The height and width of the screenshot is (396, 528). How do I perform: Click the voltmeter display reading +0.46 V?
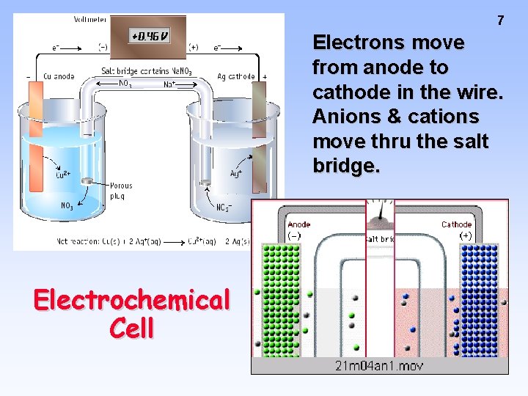150,36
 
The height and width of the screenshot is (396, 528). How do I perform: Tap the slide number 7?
500,21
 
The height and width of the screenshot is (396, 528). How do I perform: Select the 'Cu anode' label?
59,76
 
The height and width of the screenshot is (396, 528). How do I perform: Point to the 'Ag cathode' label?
236,76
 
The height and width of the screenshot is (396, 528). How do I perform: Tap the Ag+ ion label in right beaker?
236,174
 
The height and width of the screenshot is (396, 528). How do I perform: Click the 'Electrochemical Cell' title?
131,313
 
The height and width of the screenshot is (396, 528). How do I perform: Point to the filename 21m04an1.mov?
379,365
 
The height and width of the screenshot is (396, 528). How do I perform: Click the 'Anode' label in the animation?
299,224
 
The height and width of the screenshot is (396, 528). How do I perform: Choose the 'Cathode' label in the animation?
456,224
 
